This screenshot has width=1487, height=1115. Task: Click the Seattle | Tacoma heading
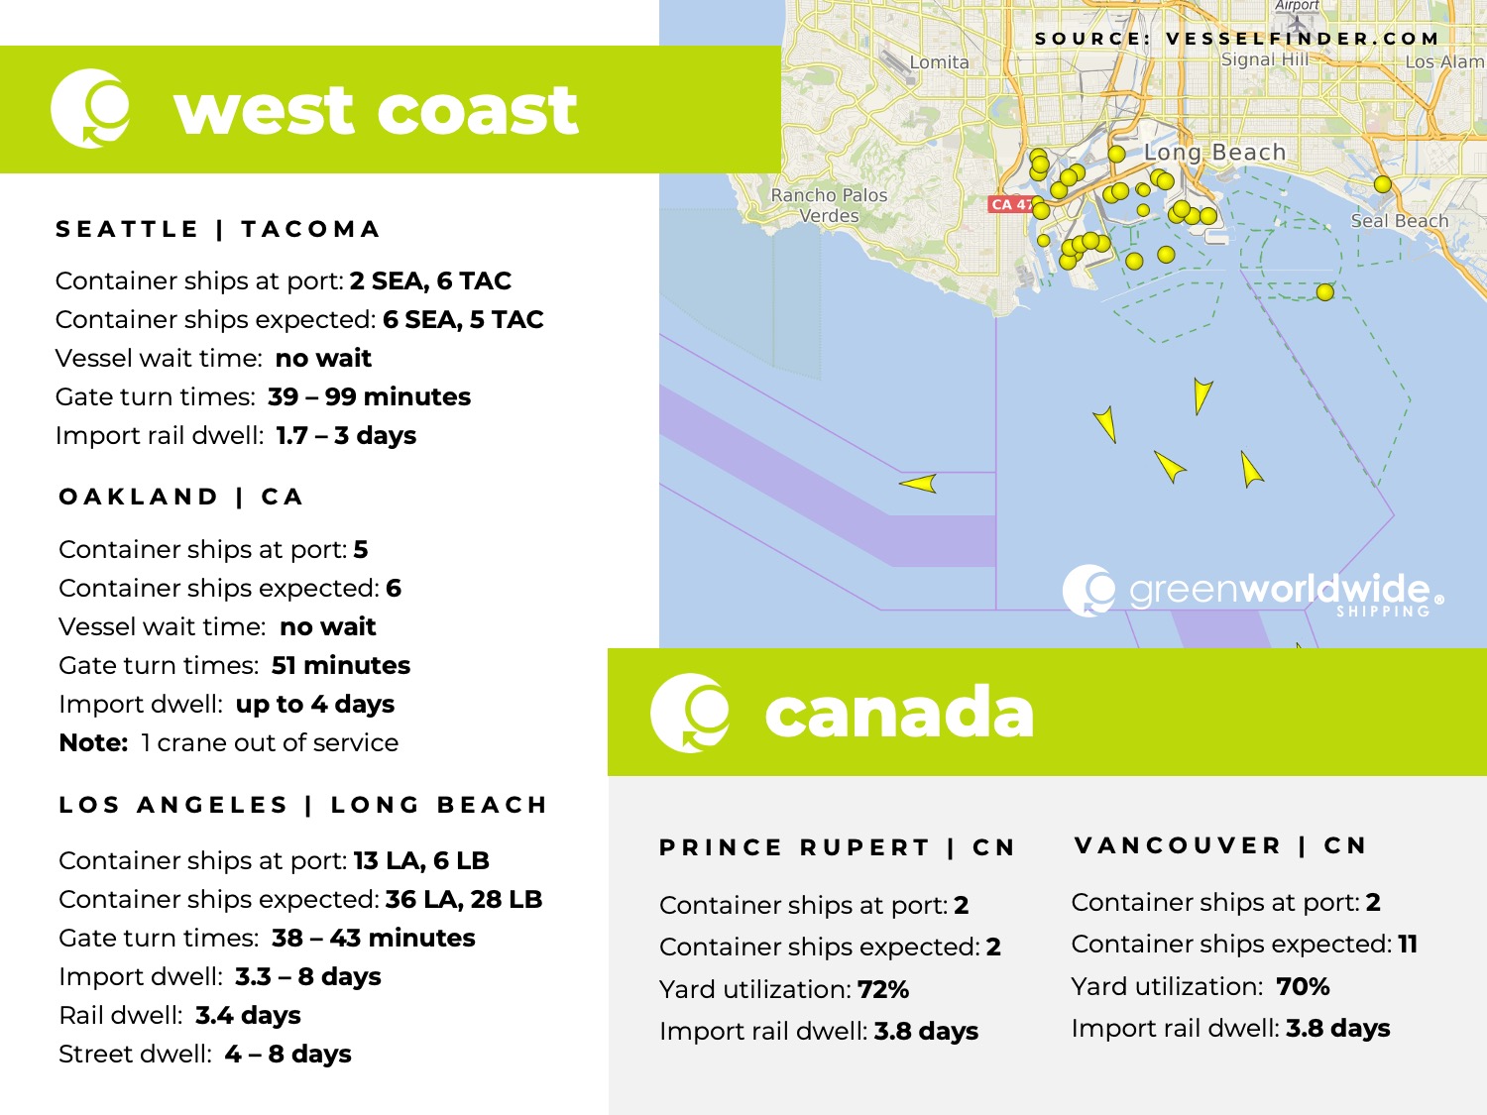[x=218, y=230]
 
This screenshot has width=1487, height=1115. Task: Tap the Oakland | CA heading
[x=180, y=498]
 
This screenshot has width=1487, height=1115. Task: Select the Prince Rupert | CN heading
[x=838, y=848]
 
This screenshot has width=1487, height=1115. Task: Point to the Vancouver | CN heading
[x=1220, y=846]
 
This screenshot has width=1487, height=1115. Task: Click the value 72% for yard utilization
[x=883, y=989]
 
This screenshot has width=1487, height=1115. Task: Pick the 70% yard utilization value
[x=1303, y=986]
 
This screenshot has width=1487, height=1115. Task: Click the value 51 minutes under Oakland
[x=340, y=665]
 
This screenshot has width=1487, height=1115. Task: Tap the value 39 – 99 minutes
[x=369, y=396]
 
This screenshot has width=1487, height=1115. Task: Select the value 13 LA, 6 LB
[x=421, y=860]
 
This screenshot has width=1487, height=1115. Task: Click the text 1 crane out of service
[x=270, y=742]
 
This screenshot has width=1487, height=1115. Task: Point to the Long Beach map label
[x=1214, y=153]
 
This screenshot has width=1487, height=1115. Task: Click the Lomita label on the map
[x=939, y=62]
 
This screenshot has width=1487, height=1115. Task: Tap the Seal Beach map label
[x=1399, y=221]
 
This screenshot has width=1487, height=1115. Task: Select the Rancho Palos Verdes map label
[x=830, y=205]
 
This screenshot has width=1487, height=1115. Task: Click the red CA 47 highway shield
[x=1009, y=204]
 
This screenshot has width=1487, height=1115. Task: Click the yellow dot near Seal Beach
[x=1382, y=184]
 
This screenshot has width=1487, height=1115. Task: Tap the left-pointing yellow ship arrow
[x=919, y=484]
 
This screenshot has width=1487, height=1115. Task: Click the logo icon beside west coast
[x=90, y=108]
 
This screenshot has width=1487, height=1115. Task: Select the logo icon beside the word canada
[x=690, y=712]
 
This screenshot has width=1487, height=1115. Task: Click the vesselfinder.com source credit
[x=1236, y=39]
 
